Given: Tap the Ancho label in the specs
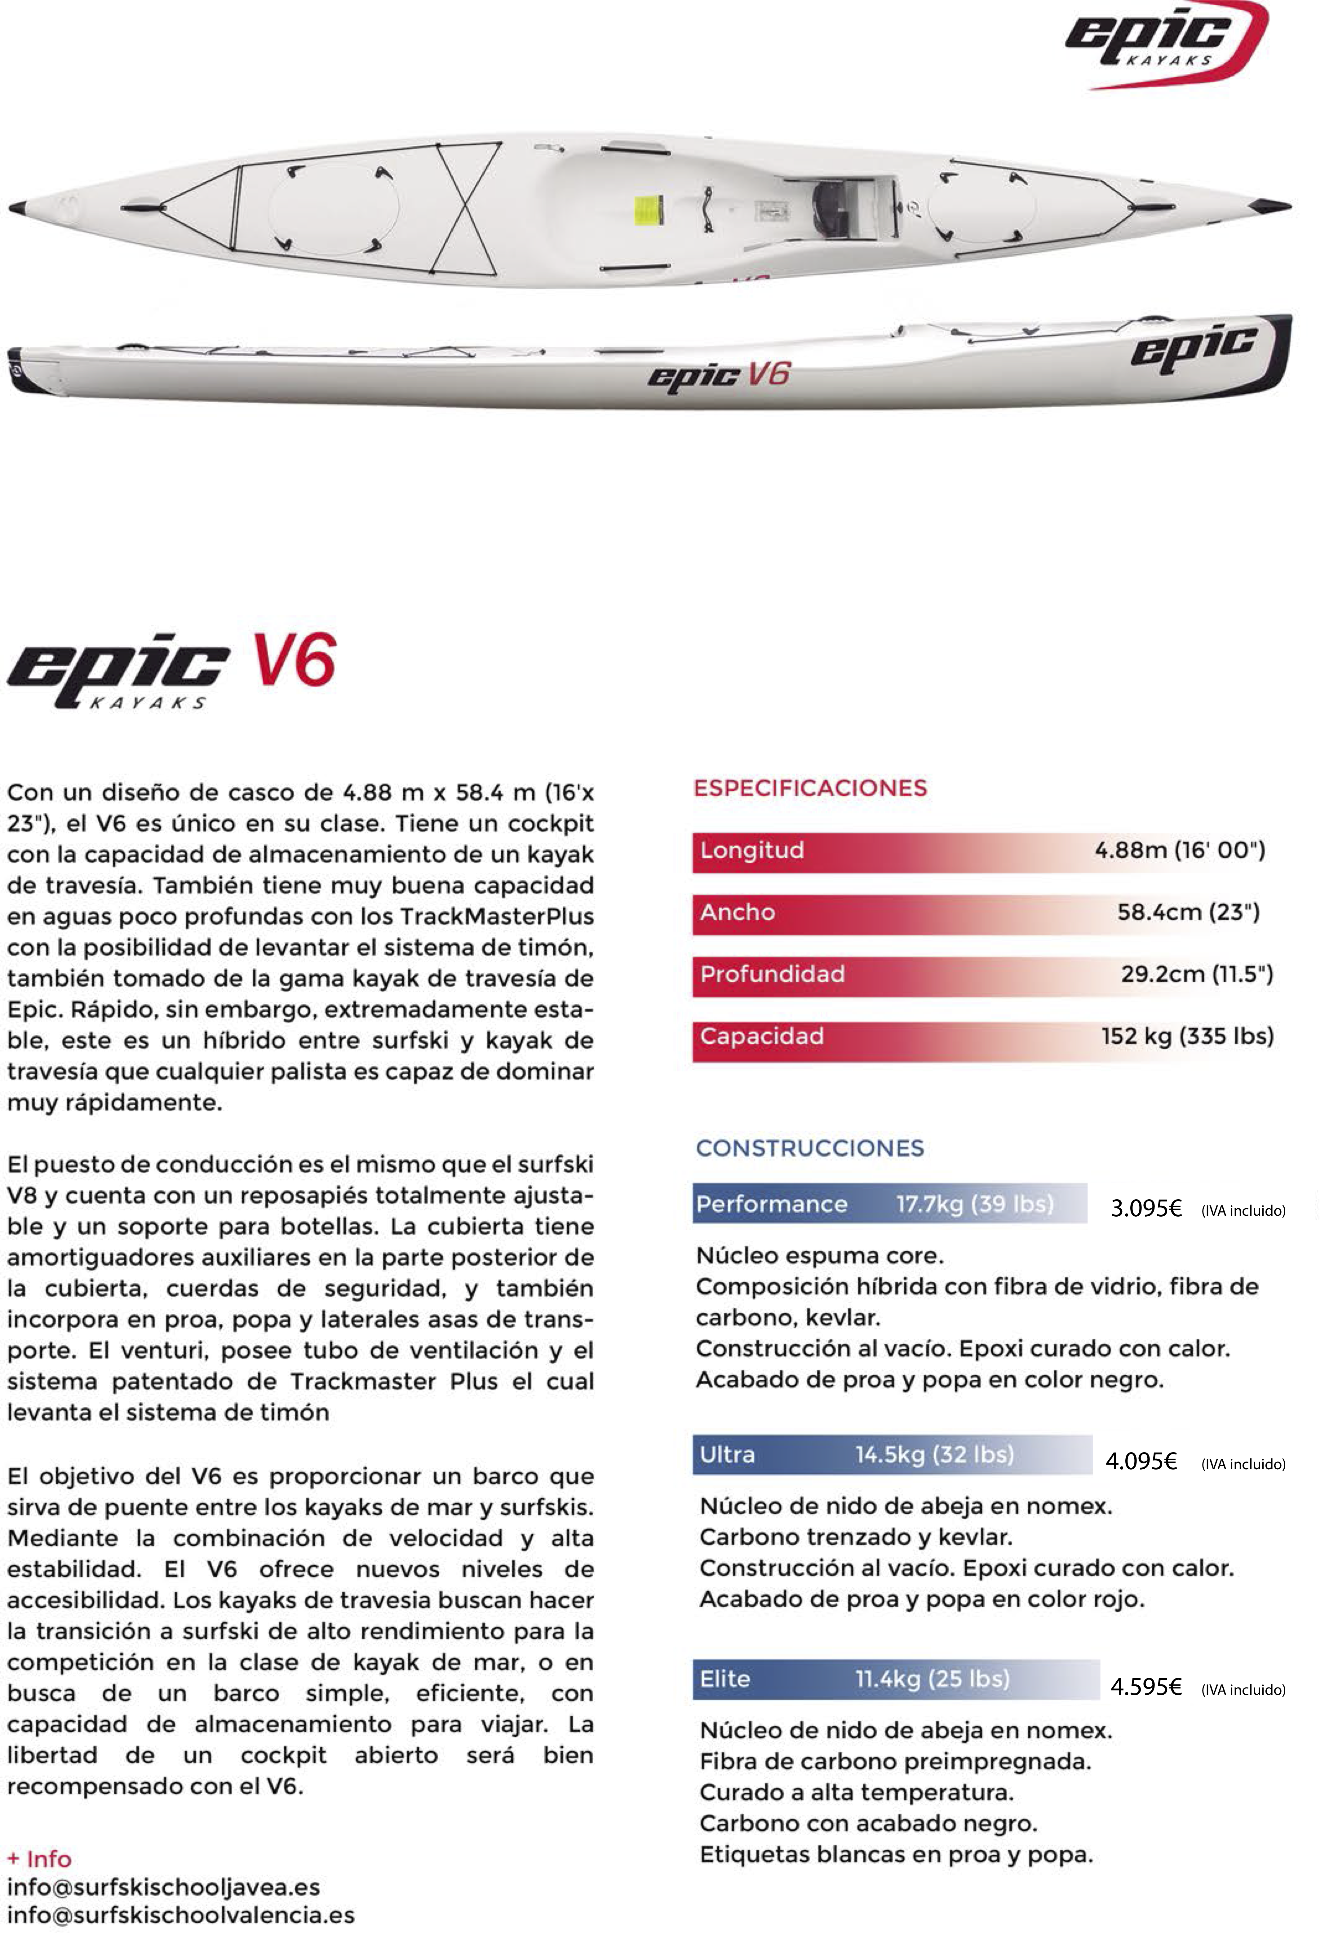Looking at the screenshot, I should click(x=738, y=912).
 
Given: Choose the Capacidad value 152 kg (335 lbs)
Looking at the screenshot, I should click(x=1187, y=1036).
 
